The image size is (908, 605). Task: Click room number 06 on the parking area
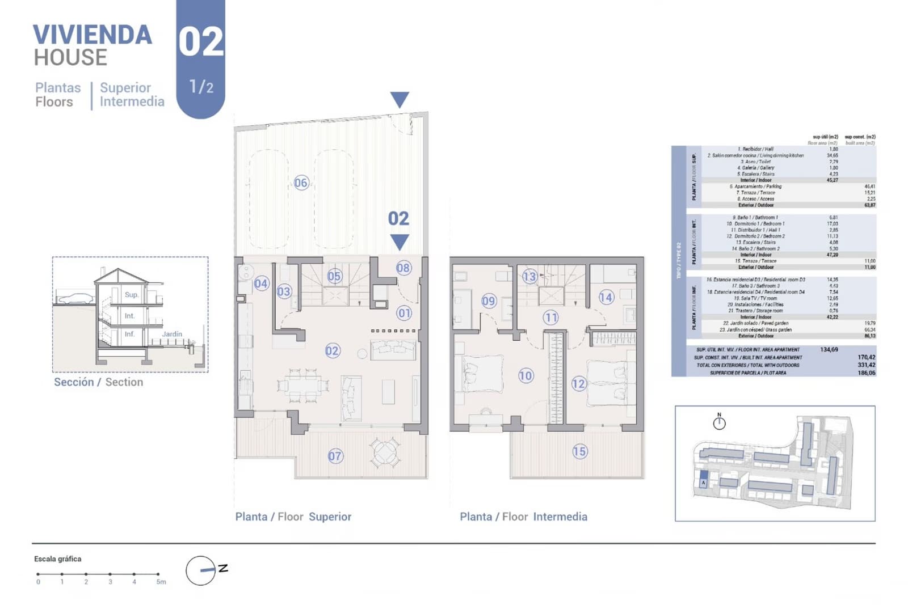301,183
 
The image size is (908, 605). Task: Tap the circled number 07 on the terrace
335,456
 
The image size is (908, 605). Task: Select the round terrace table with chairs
385,452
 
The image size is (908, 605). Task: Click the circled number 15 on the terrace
579,451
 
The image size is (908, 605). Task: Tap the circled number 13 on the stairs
529,276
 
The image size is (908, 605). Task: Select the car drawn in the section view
75,298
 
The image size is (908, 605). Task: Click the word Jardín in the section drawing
172,334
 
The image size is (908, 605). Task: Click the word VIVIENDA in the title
93,35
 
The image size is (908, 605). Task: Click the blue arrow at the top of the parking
400,99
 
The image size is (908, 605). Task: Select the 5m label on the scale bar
161,582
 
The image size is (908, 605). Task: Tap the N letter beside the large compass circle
223,568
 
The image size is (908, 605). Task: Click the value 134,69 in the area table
829,349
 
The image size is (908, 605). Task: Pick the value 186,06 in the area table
866,373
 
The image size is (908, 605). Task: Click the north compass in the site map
719,422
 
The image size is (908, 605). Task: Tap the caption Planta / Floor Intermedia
523,517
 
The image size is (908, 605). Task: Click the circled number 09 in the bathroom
489,301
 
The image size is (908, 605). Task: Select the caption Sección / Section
98,382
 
